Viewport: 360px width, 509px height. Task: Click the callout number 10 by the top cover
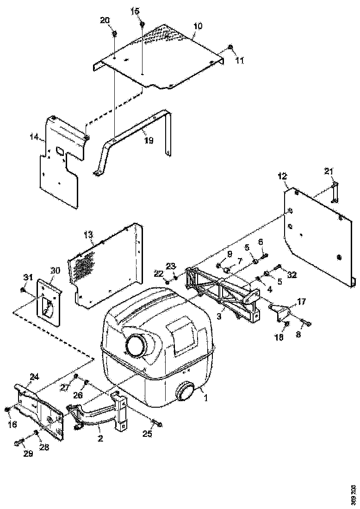coord(198,26)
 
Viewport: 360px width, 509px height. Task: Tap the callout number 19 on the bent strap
coord(148,140)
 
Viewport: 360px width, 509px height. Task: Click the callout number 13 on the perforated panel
coord(89,235)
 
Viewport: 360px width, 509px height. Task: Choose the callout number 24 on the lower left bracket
coord(34,377)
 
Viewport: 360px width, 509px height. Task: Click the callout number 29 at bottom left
coord(28,454)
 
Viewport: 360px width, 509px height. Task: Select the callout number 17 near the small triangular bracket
coord(301,301)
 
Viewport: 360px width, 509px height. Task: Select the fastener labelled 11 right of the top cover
coord(230,47)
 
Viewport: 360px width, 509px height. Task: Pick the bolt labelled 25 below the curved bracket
coord(156,423)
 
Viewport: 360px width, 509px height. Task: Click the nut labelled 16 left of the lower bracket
coord(7,410)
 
